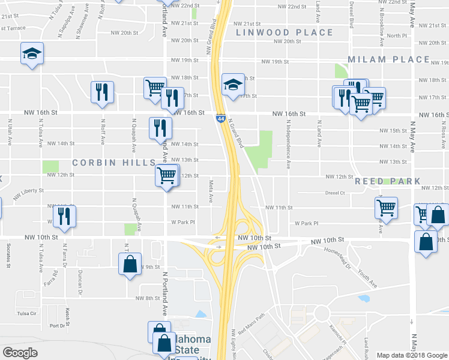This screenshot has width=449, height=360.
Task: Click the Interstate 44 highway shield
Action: [221, 119]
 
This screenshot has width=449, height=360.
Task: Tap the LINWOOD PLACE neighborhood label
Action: [284, 32]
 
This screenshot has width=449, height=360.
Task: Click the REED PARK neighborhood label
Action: [384, 181]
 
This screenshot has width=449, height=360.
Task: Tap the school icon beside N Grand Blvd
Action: [232, 85]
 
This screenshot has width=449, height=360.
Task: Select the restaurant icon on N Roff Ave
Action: [101, 92]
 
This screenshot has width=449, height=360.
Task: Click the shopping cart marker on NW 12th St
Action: [166, 176]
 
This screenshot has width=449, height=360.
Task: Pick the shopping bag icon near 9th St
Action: [130, 264]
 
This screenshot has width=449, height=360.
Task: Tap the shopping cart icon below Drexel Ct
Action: [386, 208]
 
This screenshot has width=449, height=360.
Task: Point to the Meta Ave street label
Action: [211, 191]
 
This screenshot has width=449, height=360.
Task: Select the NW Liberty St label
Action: [28, 191]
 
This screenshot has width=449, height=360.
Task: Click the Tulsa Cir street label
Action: [27, 313]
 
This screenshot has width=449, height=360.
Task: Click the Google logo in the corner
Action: [20, 352]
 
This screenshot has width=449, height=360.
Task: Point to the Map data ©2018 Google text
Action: [411, 355]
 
